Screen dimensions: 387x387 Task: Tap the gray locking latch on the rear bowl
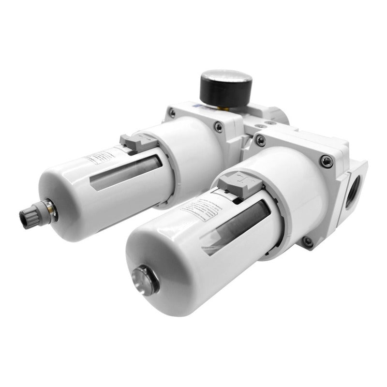pos(135,140)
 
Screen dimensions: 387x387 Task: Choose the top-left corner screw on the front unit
pos(261,140)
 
